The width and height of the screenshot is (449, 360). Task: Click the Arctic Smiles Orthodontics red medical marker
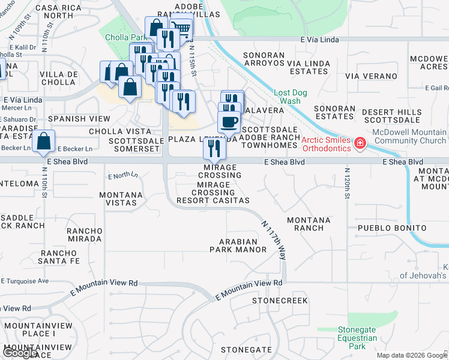(x=360, y=143)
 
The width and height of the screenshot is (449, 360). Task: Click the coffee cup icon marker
(x=228, y=122)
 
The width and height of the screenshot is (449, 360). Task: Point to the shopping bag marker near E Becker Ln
(x=44, y=142)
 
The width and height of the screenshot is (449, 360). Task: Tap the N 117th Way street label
(x=273, y=239)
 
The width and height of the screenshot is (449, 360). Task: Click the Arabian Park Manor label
(x=238, y=245)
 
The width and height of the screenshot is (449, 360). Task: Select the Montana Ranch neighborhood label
(x=309, y=224)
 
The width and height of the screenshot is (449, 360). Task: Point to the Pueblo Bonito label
(x=392, y=228)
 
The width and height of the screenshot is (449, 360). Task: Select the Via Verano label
(x=371, y=76)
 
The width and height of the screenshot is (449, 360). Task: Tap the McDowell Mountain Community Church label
(x=409, y=136)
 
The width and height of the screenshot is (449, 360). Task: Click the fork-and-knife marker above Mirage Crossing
(x=211, y=146)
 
